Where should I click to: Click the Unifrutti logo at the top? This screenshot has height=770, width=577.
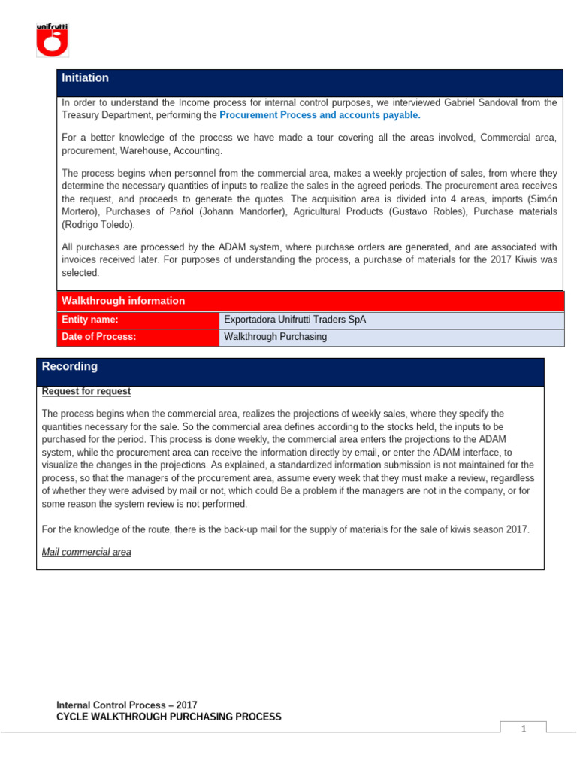[53, 40]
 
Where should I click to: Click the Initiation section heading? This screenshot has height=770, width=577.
[85, 78]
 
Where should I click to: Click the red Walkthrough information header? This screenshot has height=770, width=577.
[123, 301]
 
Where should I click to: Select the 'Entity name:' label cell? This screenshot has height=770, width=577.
[90, 320]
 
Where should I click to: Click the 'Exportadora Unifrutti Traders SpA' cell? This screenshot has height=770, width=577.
[295, 320]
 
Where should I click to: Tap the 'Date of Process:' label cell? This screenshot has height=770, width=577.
[99, 337]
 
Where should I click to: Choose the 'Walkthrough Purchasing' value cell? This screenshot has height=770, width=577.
[276, 337]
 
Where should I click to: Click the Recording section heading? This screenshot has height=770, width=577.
[70, 367]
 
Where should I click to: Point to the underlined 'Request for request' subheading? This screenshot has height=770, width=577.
[86, 391]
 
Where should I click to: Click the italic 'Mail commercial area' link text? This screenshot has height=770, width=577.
[86, 552]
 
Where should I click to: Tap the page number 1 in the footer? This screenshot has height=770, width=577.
[524, 729]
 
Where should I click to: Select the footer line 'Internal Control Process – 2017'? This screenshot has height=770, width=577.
[127, 705]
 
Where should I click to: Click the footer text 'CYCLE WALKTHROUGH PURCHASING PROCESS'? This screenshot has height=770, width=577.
[169, 717]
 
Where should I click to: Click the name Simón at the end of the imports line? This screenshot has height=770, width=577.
[542, 199]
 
